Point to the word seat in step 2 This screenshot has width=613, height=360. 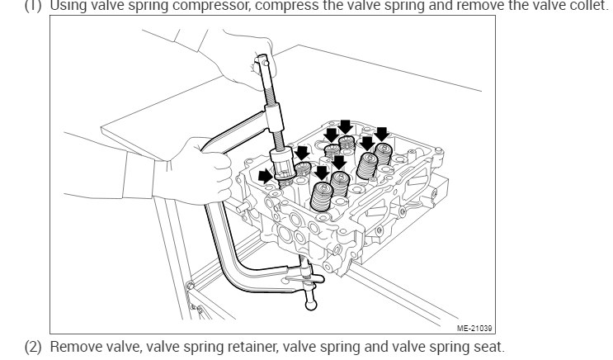tap(483, 347)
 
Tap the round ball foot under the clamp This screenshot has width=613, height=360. tap(311, 306)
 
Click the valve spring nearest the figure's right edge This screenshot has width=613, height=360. tap(383, 157)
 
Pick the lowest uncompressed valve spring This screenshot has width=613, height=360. tap(323, 198)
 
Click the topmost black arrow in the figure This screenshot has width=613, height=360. tap(345, 126)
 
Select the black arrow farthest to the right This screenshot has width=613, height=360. tap(381, 133)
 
